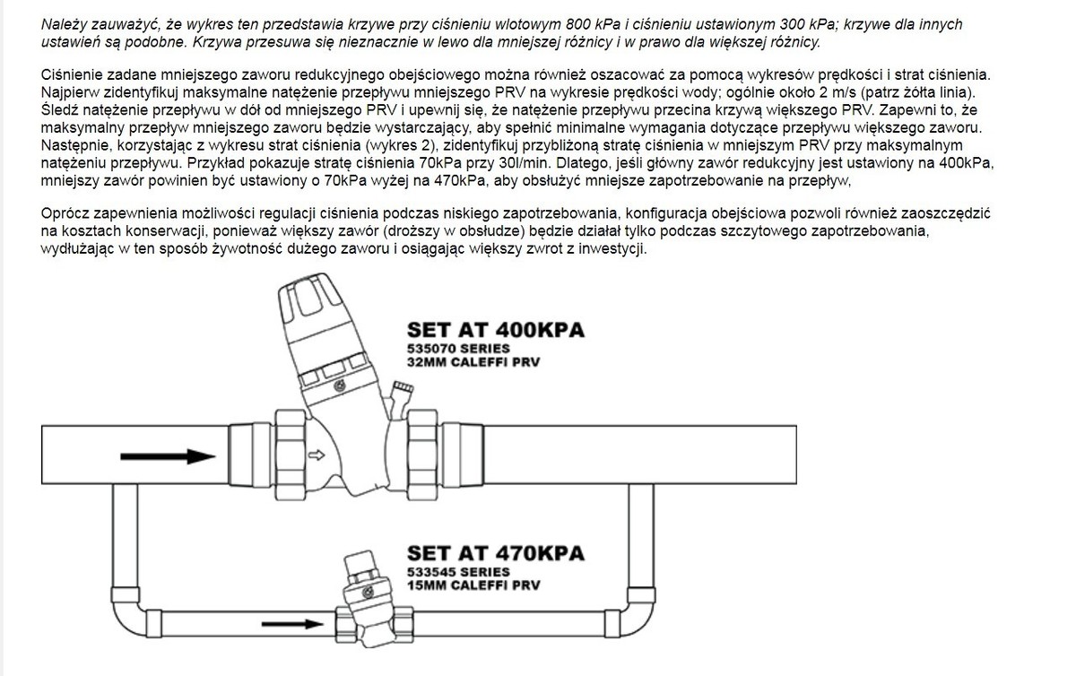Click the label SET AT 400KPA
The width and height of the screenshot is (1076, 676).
496,330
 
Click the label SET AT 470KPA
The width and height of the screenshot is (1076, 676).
496,553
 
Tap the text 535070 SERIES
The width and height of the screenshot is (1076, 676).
458,349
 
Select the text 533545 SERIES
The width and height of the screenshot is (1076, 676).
458,572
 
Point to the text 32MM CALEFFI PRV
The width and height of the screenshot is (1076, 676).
473,362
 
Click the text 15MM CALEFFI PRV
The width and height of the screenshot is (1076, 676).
473,585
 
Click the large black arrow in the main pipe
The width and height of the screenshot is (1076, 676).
168,456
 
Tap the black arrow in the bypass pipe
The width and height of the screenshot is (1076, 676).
292,624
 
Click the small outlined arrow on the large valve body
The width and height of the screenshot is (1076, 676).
317,455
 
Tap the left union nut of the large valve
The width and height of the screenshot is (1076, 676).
291,455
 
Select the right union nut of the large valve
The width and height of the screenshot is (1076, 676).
422,455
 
